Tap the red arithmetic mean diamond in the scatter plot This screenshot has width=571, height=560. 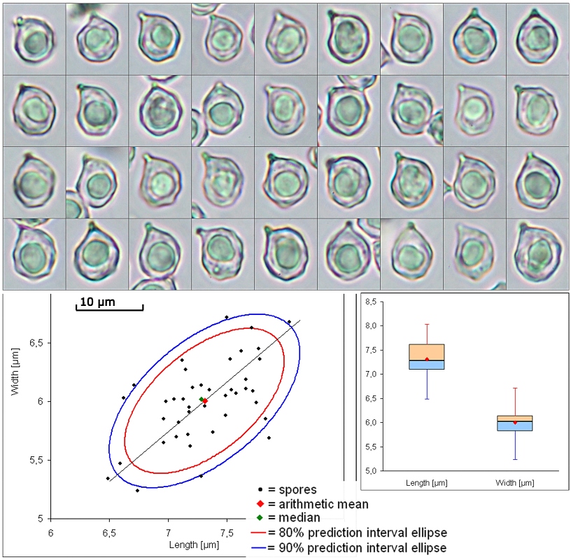[205, 400]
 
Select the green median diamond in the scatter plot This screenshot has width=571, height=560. [201, 400]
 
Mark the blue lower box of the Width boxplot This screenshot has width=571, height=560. [514, 426]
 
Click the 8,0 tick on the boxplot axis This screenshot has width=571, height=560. [376, 325]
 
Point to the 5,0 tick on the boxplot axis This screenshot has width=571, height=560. [376, 470]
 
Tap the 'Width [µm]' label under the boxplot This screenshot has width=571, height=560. [515, 484]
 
